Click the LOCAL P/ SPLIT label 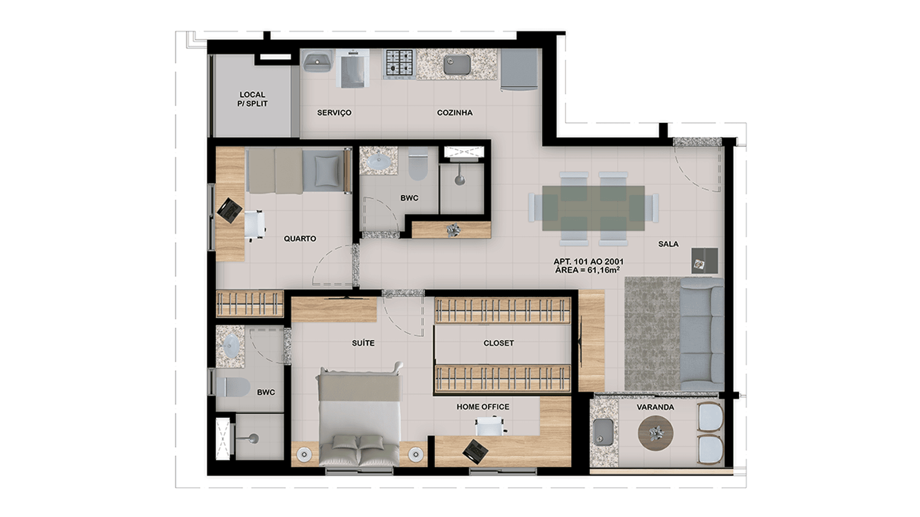click(x=253, y=99)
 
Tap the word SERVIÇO click(x=334, y=112)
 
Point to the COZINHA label click(x=455, y=112)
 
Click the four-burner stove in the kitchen click(x=399, y=64)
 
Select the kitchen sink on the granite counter click(x=457, y=65)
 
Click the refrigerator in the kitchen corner click(x=519, y=69)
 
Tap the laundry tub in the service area click(x=317, y=61)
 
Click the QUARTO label click(x=300, y=238)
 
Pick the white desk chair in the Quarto click(x=255, y=224)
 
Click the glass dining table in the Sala click(x=593, y=208)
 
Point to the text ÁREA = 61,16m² click(x=587, y=270)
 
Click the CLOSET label click(x=499, y=343)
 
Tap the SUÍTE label click(x=363, y=343)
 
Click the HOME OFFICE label click(x=483, y=406)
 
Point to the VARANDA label click(x=655, y=407)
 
